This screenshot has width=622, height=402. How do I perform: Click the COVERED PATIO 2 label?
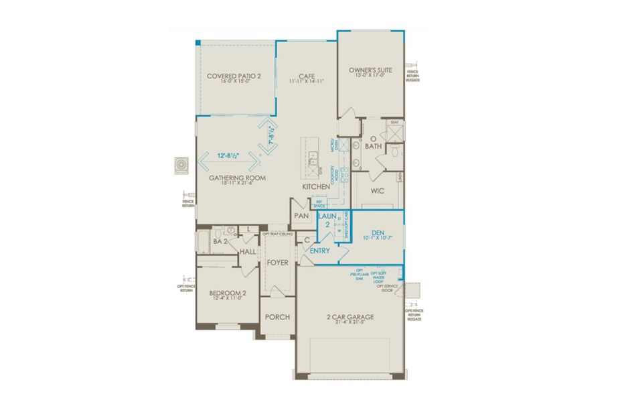pos(233,76)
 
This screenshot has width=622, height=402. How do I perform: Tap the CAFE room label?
pos(307,76)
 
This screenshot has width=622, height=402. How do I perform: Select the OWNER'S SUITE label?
pos(370,70)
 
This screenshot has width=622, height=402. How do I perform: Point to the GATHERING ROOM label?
pos(238,178)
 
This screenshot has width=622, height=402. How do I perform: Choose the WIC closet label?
pos(377,191)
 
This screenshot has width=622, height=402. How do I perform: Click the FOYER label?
pos(277,262)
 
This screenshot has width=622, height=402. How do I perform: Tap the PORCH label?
pos(277,317)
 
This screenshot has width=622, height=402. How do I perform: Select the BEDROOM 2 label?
pos(222,293)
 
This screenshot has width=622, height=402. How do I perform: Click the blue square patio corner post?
pos(198,42)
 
